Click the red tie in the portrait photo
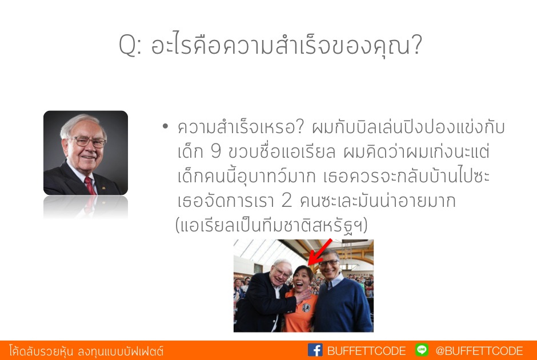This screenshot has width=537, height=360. coord(90,186)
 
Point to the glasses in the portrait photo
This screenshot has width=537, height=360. coord(87,141)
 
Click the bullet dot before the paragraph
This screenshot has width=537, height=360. coord(166,126)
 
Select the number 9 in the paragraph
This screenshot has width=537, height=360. coord(216,151)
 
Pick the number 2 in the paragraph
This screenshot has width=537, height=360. coord(286,201)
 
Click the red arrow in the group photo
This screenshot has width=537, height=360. coord(320,252)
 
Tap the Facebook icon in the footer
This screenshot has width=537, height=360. coord(315,350)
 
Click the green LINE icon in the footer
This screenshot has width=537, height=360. coord(422,350)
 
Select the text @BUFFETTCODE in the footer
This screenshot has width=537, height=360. coord(479,351)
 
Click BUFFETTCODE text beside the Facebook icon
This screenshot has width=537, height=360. coord(366,351)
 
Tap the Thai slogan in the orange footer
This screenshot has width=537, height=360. coord(86,351)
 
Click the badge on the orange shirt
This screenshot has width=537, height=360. coord(306,308)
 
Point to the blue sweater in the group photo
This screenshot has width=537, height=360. coord(342,306)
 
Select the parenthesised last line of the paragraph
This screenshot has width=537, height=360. coord(271,225)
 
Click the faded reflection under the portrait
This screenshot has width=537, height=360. coord(86,207)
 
